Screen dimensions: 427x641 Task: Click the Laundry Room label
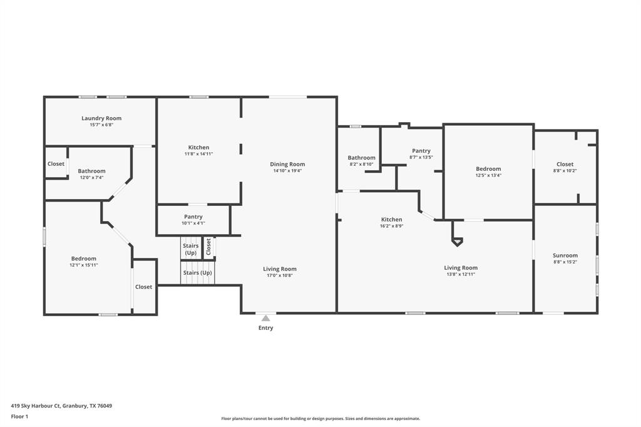click(x=101, y=118)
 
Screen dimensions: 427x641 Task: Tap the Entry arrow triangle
click(x=265, y=318)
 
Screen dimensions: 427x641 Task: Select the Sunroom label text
click(x=565, y=255)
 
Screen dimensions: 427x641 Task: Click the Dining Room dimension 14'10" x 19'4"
click(x=287, y=171)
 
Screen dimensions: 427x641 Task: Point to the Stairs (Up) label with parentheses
click(x=197, y=273)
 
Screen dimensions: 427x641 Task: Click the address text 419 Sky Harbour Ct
click(x=61, y=406)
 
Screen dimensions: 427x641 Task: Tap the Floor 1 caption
click(x=19, y=416)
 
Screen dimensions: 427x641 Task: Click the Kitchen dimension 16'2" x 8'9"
click(x=392, y=226)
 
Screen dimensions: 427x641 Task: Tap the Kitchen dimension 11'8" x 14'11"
click(x=198, y=154)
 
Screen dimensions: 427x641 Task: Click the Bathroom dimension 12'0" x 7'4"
click(x=91, y=178)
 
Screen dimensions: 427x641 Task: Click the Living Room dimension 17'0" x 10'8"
click(x=279, y=275)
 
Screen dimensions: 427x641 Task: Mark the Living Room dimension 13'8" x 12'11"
click(x=461, y=274)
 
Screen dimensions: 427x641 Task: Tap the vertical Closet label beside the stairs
click(x=208, y=247)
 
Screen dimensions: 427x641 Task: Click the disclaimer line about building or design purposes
click(x=320, y=419)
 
